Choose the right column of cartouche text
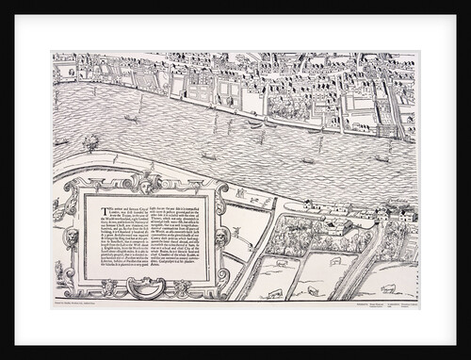[x=176, y=236]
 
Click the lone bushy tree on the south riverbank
[x=91, y=143]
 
